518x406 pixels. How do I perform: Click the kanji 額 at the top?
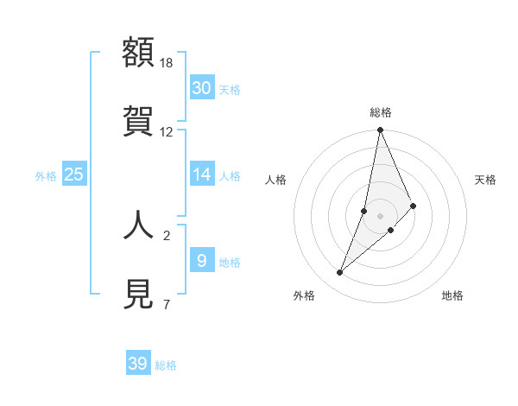coord(139,53)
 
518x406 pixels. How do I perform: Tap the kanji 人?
coord(139,224)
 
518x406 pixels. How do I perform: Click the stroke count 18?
coord(167,63)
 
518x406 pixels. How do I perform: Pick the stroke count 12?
coord(167,132)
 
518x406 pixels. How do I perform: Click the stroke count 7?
coord(166,304)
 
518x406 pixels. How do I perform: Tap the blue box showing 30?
coord(201,88)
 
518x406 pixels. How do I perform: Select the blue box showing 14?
coord(201,174)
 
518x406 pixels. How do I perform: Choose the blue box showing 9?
coord(201,260)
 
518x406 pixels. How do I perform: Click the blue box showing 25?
coord(74,174)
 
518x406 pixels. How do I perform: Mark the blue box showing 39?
coord(138,364)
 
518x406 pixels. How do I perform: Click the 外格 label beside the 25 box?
coord(46,176)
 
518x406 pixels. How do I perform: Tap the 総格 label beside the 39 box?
coord(166,365)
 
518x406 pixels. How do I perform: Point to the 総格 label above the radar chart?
coord(381,112)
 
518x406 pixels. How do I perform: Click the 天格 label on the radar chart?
coord(486,180)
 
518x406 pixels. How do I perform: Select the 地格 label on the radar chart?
coord(452,295)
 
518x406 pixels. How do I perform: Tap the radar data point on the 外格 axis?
coord(340,273)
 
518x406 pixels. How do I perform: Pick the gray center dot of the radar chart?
coord(381,216)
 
